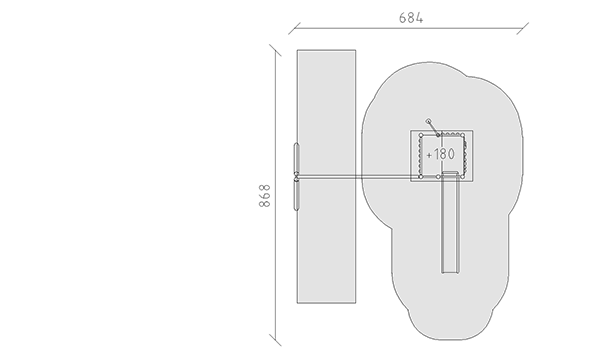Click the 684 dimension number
(411, 18)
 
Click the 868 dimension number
(264, 195)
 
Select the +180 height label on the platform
(440, 154)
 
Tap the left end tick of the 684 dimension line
(294, 28)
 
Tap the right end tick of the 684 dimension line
(523, 28)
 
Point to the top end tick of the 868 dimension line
(275, 50)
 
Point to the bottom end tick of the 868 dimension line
(275, 340)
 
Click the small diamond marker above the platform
(428, 121)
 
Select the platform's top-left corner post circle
(421, 135)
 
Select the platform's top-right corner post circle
(463, 135)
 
